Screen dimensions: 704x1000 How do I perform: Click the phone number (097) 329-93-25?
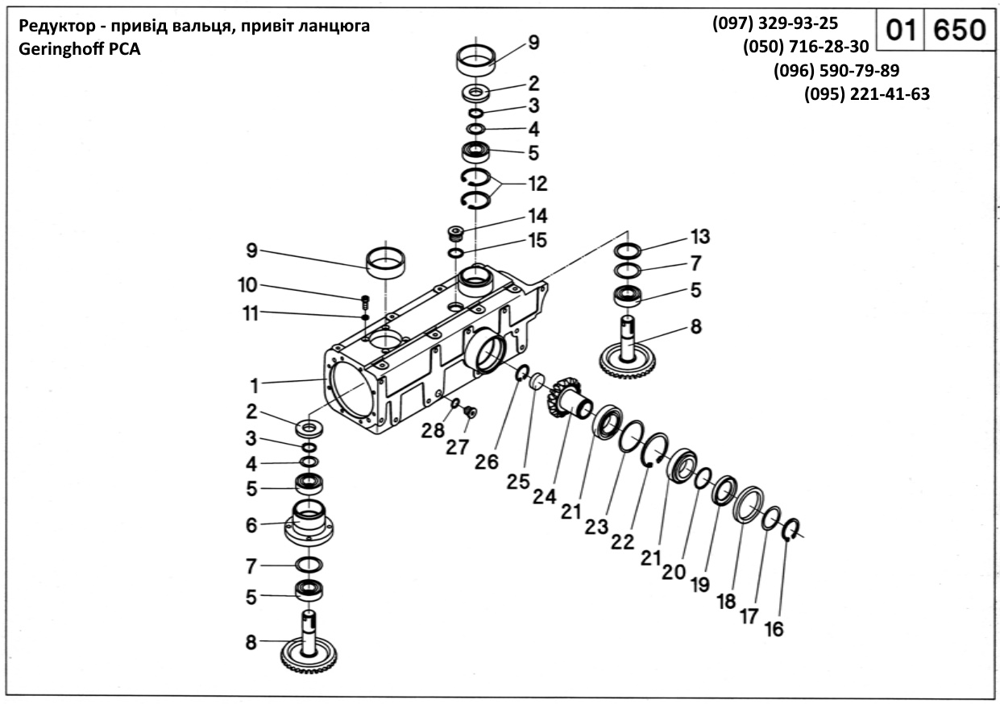tap(775, 23)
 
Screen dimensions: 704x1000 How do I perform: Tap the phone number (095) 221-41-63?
tap(867, 94)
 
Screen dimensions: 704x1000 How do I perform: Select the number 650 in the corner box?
tap(959, 31)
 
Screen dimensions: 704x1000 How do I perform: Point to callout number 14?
tap(537, 216)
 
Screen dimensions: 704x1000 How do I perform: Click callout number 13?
tap(700, 237)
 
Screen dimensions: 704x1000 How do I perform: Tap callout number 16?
tap(774, 629)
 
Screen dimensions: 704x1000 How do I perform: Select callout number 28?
tap(434, 431)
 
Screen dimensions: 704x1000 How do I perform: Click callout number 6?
tap(252, 525)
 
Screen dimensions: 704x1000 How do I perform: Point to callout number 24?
tap(545, 496)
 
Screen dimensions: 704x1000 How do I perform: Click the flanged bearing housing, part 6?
tap(309, 524)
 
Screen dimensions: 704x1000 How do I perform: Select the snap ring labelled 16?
tap(791, 529)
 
